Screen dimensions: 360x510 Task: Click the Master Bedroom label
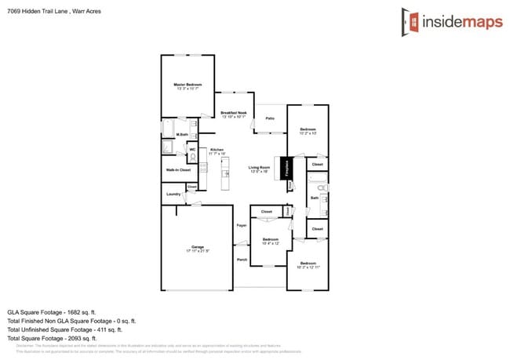point(188,84)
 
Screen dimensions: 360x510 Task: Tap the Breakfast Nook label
point(234,115)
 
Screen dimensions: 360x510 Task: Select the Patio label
point(269,118)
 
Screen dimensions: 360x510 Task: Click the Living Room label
point(259,168)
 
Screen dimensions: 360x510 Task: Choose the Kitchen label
point(217,150)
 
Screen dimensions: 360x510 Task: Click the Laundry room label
point(173,194)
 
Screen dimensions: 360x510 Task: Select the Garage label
point(198,247)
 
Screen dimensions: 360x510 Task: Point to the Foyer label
point(242,226)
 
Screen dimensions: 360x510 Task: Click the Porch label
point(242,259)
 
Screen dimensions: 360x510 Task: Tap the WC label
point(192,149)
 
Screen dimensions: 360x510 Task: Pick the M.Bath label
point(181,135)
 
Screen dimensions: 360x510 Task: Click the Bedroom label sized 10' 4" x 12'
point(271,239)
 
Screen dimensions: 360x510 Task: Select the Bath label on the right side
point(314,198)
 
